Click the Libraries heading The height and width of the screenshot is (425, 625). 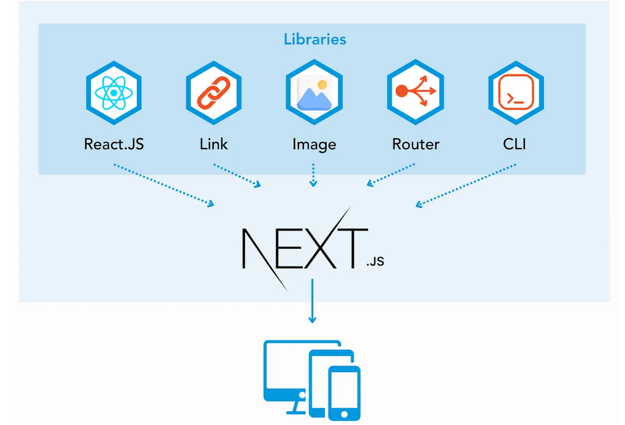click(x=315, y=39)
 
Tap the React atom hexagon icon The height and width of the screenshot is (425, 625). click(x=114, y=93)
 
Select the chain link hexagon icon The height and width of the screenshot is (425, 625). click(x=213, y=93)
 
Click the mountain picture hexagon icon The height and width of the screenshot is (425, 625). click(x=314, y=93)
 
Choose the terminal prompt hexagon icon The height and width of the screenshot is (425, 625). click(x=516, y=92)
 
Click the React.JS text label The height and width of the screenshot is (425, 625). click(x=114, y=144)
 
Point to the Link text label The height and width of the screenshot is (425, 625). click(x=214, y=144)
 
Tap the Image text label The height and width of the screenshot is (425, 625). click(x=314, y=144)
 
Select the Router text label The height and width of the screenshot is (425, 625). click(x=415, y=144)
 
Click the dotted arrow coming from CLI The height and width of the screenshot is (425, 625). click(x=466, y=185)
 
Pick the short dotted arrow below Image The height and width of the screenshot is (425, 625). click(x=313, y=175)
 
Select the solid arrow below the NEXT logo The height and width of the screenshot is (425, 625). click(x=312, y=300)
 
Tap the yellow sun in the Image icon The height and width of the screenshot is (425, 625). click(x=322, y=84)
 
